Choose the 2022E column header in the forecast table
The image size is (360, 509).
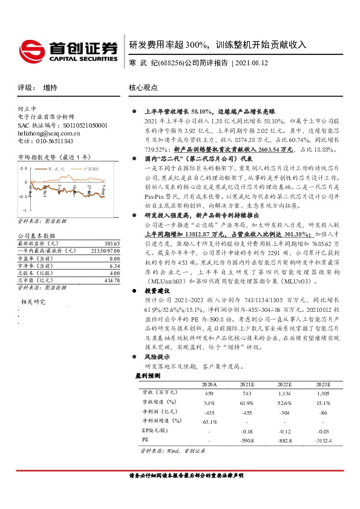284,384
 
